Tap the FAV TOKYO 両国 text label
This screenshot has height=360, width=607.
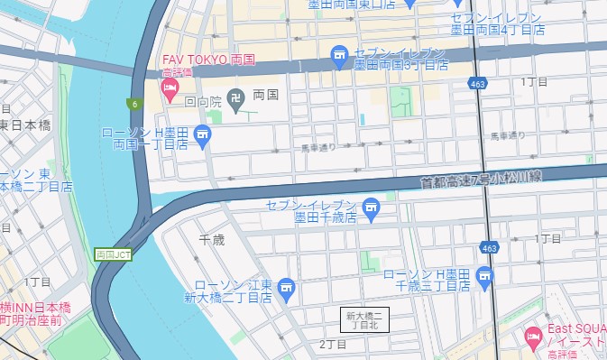tap(207, 61)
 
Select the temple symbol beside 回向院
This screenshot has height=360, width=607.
tap(235, 98)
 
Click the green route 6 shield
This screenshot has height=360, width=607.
tap(133, 103)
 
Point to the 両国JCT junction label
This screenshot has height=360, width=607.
tap(113, 254)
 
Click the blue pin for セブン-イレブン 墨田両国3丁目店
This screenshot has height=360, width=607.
tap(339, 56)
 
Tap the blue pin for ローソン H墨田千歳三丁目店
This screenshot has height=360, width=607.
tap(486, 276)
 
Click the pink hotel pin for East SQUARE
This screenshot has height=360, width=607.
tap(533, 337)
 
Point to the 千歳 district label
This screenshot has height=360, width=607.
tap(211, 239)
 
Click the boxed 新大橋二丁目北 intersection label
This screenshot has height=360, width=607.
tap(365, 319)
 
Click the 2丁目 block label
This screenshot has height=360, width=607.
tap(333, 345)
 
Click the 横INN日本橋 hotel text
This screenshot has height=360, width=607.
tap(36, 309)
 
